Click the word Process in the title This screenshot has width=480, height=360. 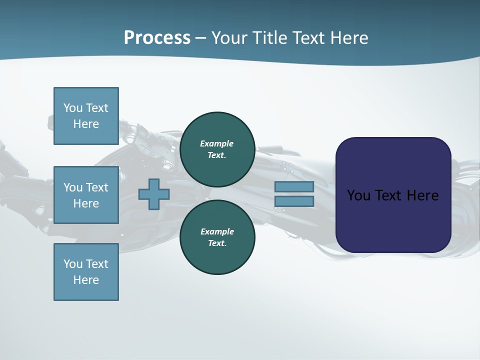[157, 38]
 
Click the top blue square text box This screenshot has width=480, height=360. [86, 116]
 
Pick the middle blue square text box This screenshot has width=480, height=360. [86, 195]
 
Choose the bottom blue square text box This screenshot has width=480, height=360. [86, 272]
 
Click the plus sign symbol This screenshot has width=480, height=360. [154, 194]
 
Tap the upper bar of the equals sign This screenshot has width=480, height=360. [294, 186]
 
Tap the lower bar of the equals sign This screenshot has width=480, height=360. [294, 201]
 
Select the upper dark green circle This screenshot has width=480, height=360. [217, 149]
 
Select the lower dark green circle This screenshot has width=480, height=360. [217, 237]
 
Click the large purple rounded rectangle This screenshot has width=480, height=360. [393, 195]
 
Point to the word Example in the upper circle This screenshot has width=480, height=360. [217, 143]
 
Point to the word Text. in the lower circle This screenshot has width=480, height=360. [217, 243]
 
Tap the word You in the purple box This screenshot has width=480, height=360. [358, 195]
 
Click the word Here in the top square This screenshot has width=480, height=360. [86, 124]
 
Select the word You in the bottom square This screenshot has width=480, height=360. [73, 263]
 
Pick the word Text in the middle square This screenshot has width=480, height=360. [96, 187]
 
